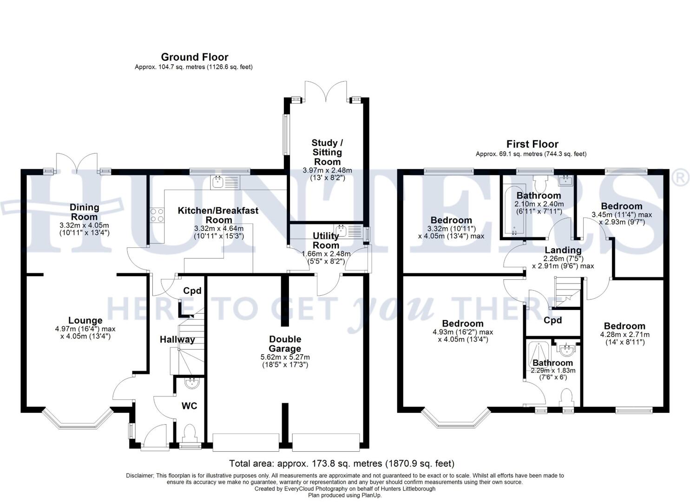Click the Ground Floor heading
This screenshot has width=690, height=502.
coord(194,57)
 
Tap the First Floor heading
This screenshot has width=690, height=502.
coord(532,144)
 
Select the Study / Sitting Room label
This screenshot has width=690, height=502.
coord(327,152)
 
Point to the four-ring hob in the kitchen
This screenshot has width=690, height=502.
coord(157,215)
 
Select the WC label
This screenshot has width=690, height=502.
coord(189,406)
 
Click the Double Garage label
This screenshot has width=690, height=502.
coord(285,344)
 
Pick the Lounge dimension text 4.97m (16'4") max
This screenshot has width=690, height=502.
coord(85,329)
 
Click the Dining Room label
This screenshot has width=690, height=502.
coord(84,212)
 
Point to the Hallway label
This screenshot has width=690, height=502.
coord(177,340)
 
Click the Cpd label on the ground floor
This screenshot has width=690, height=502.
coord(192,291)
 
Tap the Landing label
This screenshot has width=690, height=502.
coord(563,250)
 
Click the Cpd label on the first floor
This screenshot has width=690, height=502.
coord(552,320)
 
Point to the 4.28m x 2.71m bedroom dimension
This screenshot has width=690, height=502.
coord(624,335)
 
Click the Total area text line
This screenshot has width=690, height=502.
coord(342,463)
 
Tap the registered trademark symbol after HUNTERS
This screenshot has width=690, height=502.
coord(681,178)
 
